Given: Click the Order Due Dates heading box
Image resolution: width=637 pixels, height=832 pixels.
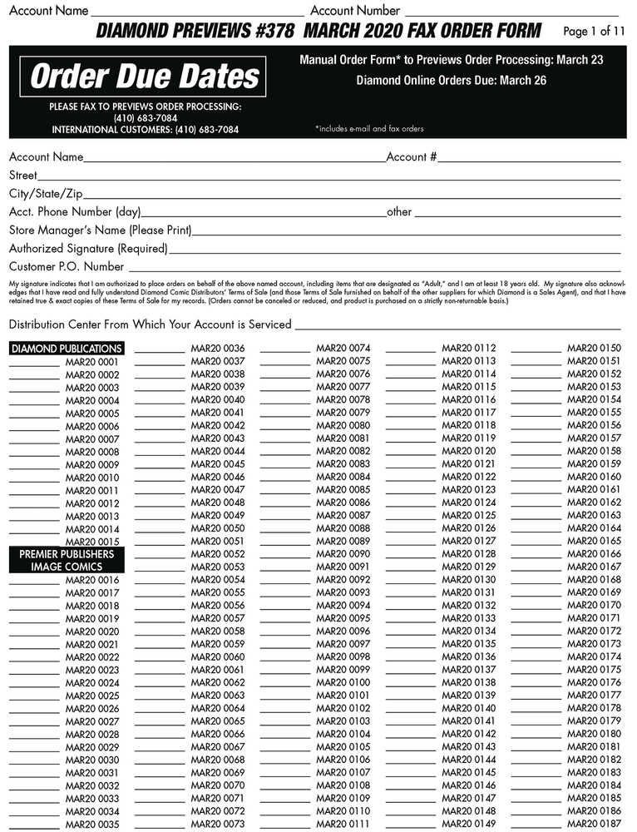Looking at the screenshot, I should [x=145, y=77].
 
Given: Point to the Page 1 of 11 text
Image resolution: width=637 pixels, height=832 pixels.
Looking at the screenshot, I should [x=594, y=32].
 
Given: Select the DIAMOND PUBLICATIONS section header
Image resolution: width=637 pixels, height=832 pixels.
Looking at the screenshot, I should [x=67, y=349].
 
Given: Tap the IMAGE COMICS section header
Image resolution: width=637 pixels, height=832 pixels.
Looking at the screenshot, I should [x=67, y=567].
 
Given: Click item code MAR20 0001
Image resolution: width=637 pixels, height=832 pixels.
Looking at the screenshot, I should [x=92, y=362].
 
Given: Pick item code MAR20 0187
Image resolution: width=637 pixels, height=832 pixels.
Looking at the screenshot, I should [x=594, y=824].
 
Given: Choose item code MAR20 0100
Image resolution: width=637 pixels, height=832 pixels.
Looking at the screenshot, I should [x=343, y=682].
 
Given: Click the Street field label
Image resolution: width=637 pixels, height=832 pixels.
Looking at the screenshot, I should [x=23, y=176].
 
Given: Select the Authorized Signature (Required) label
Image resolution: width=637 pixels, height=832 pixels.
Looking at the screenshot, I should [x=88, y=248].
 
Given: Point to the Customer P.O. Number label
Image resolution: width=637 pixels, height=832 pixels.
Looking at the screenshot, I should [x=67, y=267].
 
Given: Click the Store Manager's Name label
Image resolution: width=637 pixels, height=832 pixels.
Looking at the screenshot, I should [x=100, y=230].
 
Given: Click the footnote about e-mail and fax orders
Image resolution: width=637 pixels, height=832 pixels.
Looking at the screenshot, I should [x=369, y=129].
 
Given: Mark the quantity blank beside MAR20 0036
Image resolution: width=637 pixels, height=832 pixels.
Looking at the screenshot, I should [x=160, y=349].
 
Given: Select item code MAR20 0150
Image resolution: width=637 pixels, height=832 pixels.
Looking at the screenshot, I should [x=594, y=348].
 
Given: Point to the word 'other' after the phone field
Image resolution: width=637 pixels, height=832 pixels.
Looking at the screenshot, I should [x=399, y=212].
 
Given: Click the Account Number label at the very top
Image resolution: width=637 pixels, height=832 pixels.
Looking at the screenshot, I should [x=355, y=11].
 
